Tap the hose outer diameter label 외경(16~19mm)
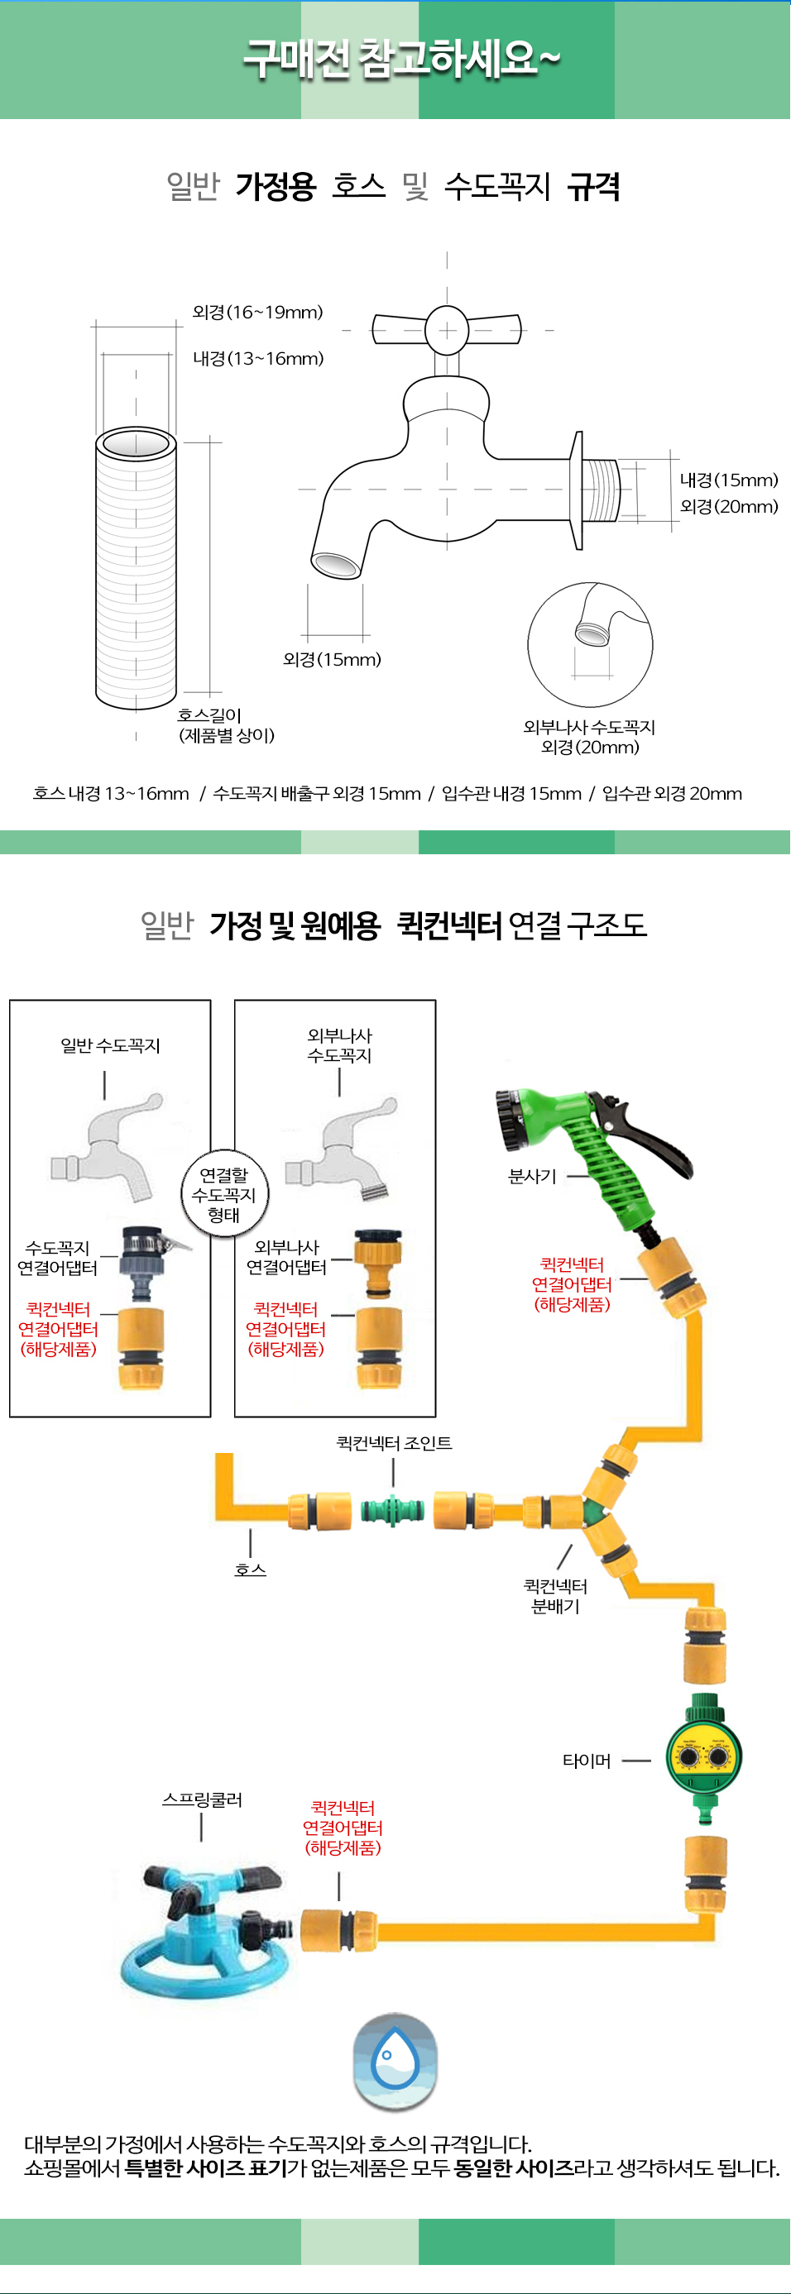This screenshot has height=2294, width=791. pyautogui.click(x=257, y=313)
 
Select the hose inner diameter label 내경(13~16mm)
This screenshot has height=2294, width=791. pyautogui.click(x=258, y=359)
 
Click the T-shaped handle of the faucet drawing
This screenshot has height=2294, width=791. pyautogui.click(x=446, y=329)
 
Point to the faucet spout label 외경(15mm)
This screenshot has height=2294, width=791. pyautogui.click(x=331, y=660)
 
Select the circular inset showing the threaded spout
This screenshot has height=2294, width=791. pyautogui.click(x=590, y=645)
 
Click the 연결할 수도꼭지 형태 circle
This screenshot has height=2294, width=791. pyautogui.click(x=223, y=1194)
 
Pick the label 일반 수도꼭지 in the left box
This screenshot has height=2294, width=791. pyautogui.click(x=110, y=1045)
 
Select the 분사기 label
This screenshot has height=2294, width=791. pyautogui.click(x=532, y=1177)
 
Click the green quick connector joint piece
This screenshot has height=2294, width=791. pyautogui.click(x=392, y=1510)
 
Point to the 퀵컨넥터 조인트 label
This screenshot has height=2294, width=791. pyautogui.click(x=394, y=1443)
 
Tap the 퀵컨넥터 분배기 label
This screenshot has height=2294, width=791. pyautogui.click(x=555, y=1596)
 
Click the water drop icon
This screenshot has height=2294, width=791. pyautogui.click(x=395, y=2061)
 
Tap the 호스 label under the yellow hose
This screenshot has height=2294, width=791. pyautogui.click(x=251, y=1569)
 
